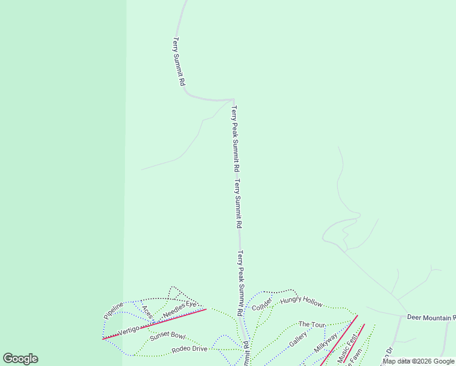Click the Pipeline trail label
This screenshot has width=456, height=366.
[114, 310]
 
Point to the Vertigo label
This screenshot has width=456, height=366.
[129, 329]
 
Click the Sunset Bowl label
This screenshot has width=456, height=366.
[168, 335]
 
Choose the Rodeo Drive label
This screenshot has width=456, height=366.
[190, 349]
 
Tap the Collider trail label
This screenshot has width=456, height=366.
[262, 303]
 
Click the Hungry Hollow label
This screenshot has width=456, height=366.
[301, 302]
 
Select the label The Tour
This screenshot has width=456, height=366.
[312, 324]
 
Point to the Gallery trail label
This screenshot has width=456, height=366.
[298, 340]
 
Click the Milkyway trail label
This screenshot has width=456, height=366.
[326, 342]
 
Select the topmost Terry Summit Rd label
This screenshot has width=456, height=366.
[177, 61]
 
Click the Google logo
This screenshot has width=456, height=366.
[20, 359]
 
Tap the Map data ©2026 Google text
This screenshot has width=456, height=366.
[419, 361]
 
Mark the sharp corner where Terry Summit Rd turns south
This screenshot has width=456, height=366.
[233, 99]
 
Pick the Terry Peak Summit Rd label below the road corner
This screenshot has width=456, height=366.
[235, 138]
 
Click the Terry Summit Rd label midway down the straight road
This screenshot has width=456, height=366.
[238, 203]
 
